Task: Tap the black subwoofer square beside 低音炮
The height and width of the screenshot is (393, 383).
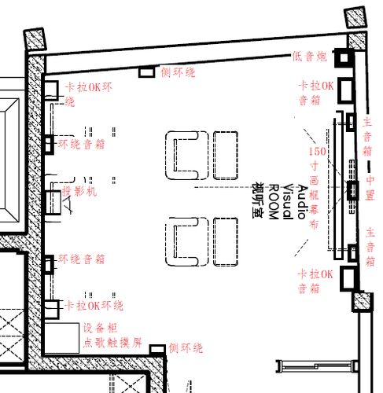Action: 344,57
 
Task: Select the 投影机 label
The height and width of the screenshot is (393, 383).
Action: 79,191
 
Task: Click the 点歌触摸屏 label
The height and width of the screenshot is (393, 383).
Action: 112,343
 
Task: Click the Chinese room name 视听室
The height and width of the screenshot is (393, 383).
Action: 258,200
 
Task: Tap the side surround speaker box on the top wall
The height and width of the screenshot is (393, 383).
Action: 145,72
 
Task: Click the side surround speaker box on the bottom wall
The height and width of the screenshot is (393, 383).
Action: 157,348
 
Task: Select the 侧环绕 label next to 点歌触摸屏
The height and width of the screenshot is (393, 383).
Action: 186,347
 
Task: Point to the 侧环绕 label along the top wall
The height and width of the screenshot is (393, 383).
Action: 178,72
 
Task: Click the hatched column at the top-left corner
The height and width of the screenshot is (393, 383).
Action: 35,39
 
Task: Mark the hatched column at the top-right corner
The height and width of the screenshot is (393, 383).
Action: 355,17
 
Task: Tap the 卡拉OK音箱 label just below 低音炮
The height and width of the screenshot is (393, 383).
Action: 316,92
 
